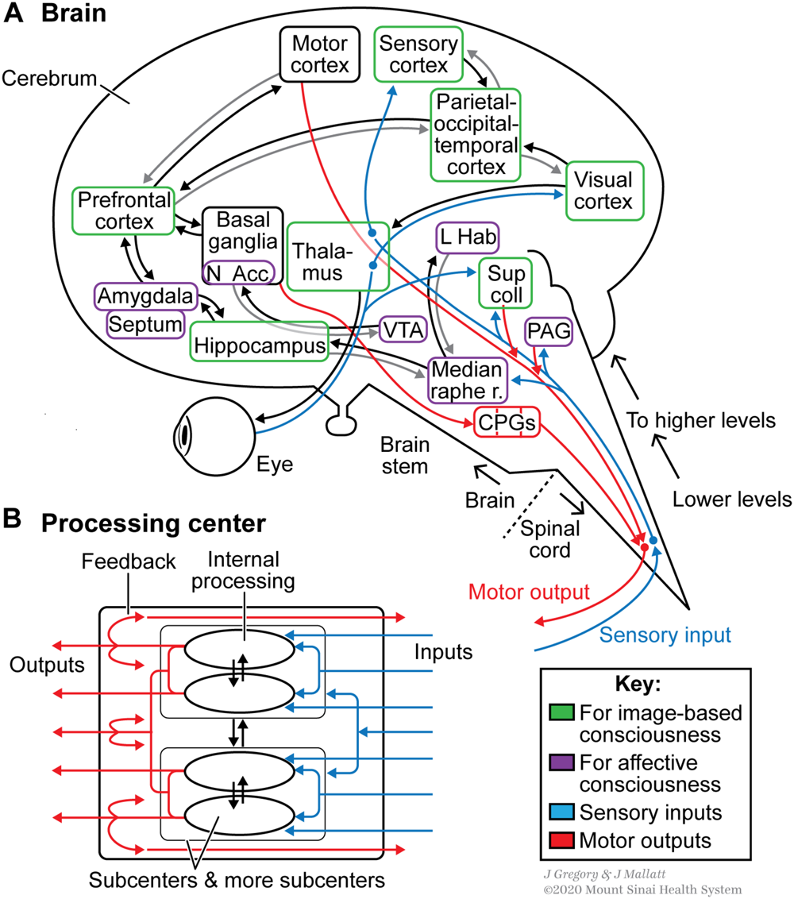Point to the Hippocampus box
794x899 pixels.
pyautogui.click(x=259, y=346)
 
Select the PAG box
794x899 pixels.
pyautogui.click(x=549, y=334)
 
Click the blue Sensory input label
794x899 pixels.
pyautogui.click(x=665, y=634)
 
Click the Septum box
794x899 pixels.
pyautogui.click(x=145, y=323)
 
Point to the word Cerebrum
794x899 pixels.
pyautogui.click(x=49, y=78)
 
